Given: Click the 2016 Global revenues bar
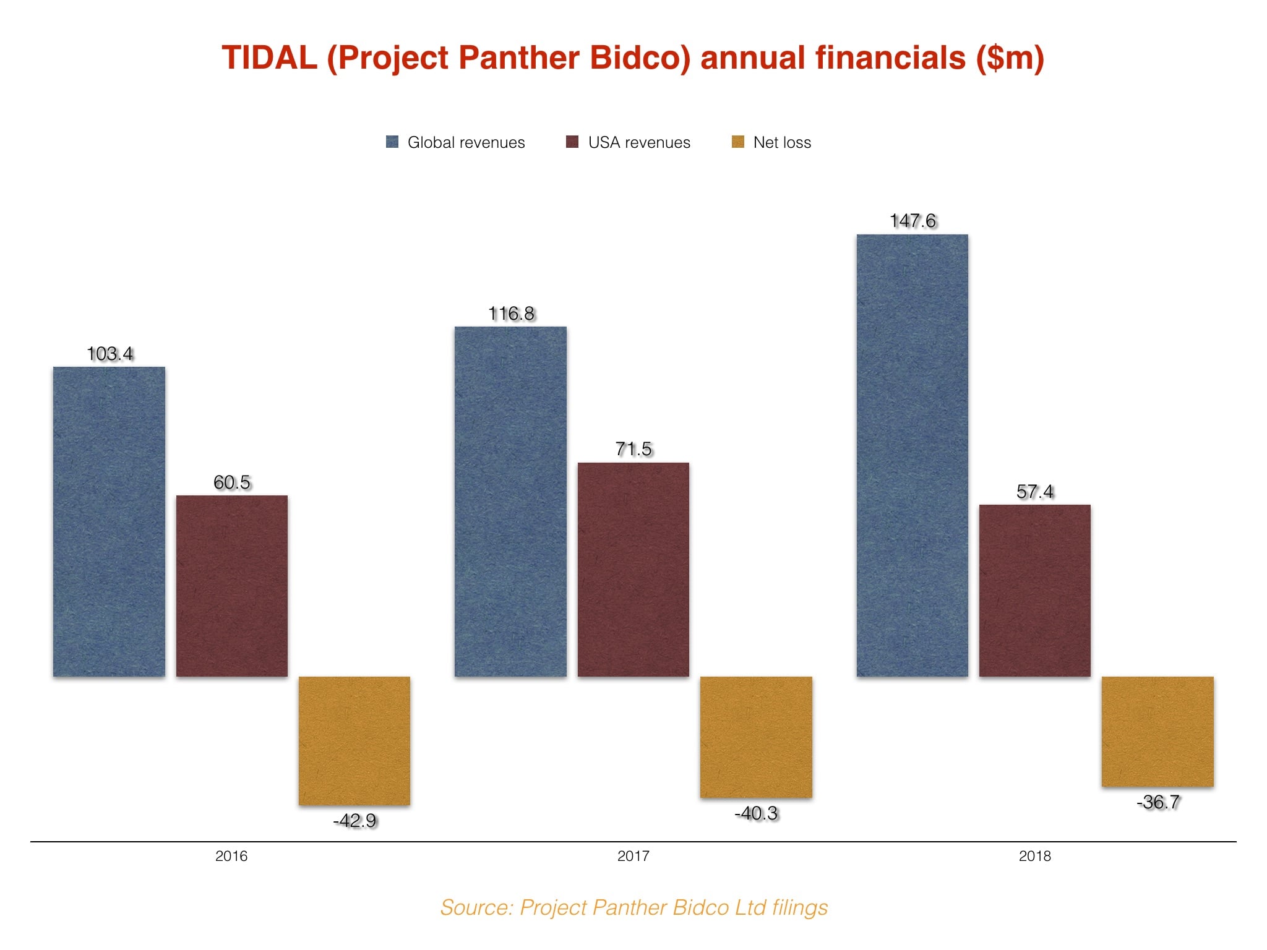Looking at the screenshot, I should (x=109, y=521).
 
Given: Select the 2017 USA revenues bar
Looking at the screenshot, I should (x=633, y=569).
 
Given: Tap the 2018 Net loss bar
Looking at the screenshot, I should (x=1157, y=731).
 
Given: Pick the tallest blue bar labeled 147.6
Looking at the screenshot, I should (x=912, y=455).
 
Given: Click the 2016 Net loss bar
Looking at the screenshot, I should (x=354, y=740).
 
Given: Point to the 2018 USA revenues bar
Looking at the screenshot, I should (x=1034, y=590).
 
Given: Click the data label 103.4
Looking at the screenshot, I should (x=110, y=354).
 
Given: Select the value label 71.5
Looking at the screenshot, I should (x=633, y=449).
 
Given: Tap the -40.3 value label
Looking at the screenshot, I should (x=756, y=813).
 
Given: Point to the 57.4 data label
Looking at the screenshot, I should (x=1035, y=492).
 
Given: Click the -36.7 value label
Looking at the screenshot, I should (x=1158, y=802).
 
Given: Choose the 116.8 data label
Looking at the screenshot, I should (x=511, y=314).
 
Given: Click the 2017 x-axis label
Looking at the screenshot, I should (x=633, y=856).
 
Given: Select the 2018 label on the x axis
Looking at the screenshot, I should (x=1034, y=856).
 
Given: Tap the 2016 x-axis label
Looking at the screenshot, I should (x=231, y=856).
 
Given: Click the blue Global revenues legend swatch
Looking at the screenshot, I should (x=392, y=142).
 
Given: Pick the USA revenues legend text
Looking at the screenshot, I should (x=639, y=142).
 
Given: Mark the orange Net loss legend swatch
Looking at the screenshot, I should (x=737, y=142).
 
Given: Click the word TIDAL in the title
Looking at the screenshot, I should (x=269, y=58).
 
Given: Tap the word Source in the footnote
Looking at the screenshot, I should (x=476, y=907).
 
